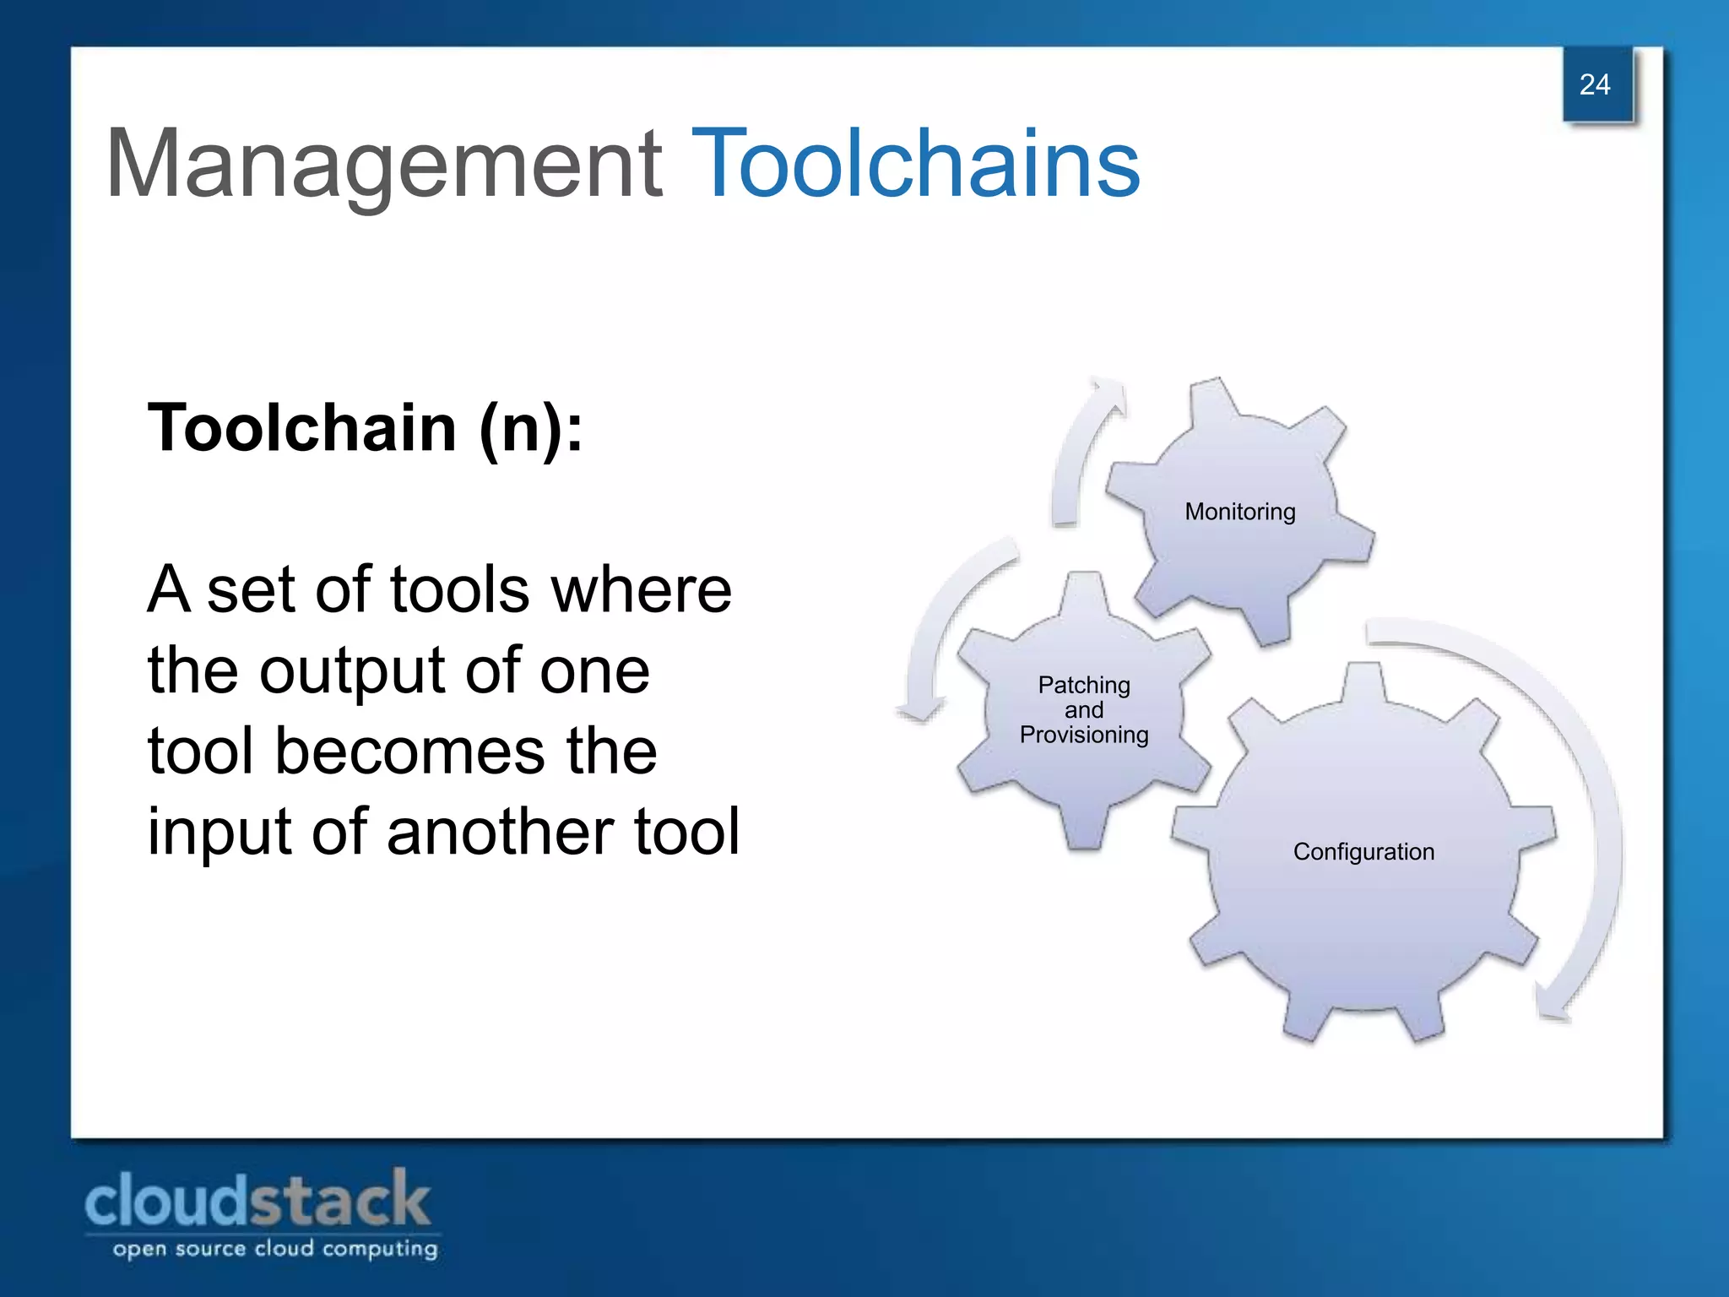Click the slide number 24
click(1594, 84)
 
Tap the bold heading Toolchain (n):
click(365, 428)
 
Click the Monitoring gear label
click(1239, 512)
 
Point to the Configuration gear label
click(1363, 852)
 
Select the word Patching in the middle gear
click(1084, 685)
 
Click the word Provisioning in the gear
click(1084, 735)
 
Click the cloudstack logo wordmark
click(257, 1202)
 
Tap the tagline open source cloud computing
click(275, 1249)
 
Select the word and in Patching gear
click(1084, 710)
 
